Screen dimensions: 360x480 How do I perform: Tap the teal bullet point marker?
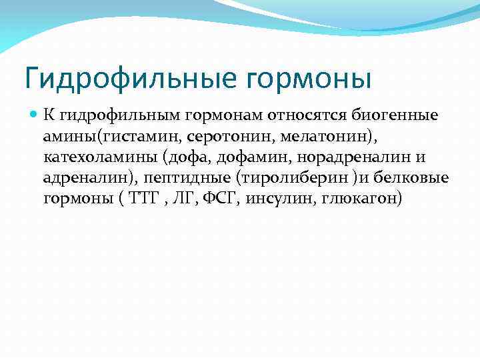35,115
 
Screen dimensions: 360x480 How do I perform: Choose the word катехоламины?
86,158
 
